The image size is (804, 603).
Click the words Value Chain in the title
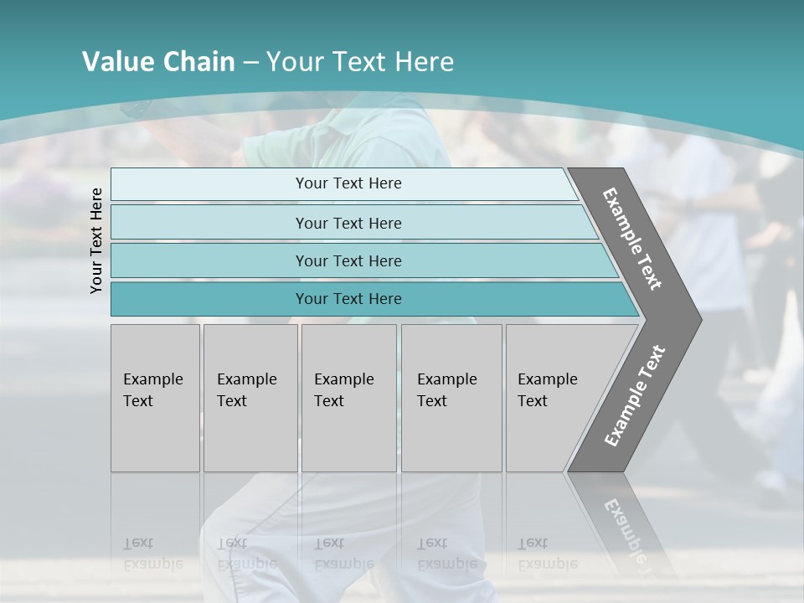[x=158, y=62]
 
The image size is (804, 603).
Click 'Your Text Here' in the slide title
[x=360, y=62]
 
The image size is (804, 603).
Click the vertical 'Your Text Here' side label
[x=96, y=240]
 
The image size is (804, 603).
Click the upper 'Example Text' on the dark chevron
[x=632, y=239]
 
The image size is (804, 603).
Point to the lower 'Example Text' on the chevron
[x=634, y=396]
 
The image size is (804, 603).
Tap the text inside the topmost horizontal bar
[x=348, y=183]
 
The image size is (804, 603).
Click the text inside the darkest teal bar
[x=348, y=299]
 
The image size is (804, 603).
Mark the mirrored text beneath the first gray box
[x=152, y=553]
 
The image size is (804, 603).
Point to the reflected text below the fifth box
[x=547, y=553]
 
